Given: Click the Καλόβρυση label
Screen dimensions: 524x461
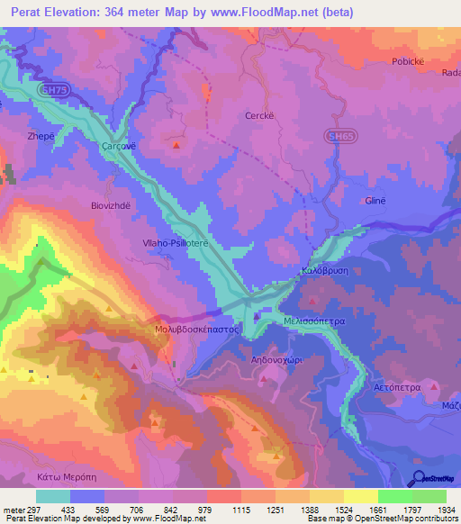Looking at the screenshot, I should click(325, 273).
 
